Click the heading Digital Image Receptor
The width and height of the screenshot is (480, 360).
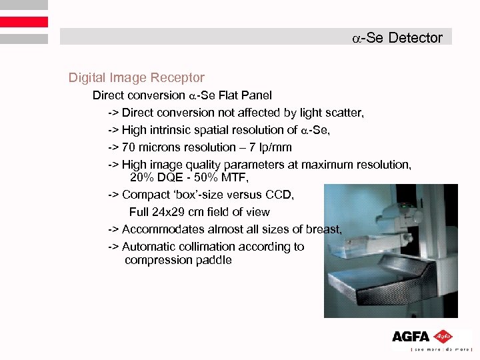click(136, 78)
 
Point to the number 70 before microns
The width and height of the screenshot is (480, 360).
click(129, 147)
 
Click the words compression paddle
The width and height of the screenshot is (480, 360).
click(178, 260)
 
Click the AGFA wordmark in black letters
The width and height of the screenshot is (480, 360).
click(411, 337)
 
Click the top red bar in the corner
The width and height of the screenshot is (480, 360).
click(24, 6)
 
